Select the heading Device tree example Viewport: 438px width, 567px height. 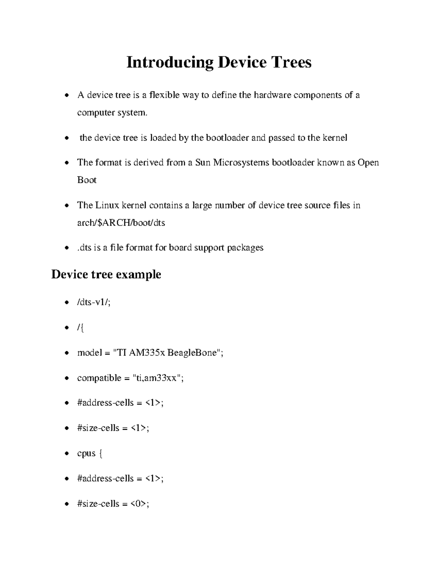coord(106,274)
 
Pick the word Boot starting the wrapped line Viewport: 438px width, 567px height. coord(87,180)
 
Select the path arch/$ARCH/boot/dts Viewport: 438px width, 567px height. coord(121,223)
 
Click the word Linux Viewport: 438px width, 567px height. coord(107,205)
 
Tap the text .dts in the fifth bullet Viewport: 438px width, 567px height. coord(84,248)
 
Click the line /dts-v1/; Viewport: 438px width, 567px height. coord(93,302)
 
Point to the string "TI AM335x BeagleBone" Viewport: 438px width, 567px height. coord(167,353)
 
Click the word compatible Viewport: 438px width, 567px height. coord(99,378)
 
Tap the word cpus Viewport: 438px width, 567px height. coord(86,453)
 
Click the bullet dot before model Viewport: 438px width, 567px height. coord(66,353)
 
